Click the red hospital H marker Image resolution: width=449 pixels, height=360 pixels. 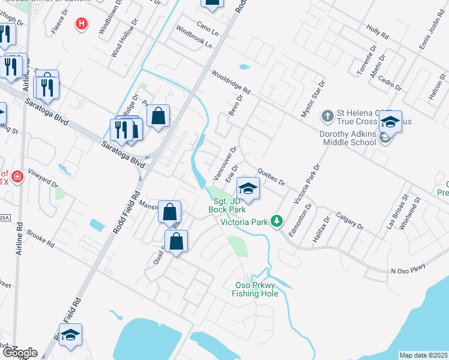tap(82, 24)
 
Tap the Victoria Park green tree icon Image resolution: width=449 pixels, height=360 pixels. tap(277, 221)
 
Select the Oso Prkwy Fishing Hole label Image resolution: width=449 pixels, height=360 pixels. tap(255, 289)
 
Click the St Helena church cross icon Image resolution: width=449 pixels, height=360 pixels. tap(328, 114)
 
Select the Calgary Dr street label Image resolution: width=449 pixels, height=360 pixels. tap(350, 221)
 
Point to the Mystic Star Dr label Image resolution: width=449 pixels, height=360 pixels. tap(312, 99)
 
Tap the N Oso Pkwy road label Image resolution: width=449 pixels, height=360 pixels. tap(408, 268)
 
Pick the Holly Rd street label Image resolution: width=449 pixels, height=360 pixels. tap(378, 33)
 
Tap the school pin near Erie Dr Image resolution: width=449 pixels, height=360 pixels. tap(248, 188)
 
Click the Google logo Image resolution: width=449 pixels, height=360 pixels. tap(19, 353)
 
